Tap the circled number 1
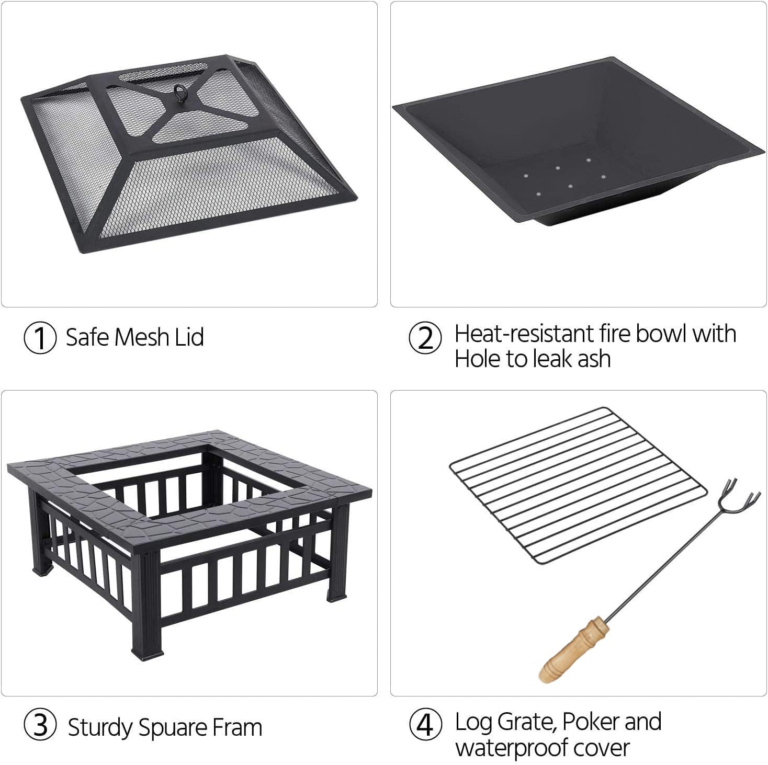coord(40,338)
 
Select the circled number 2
coord(425,338)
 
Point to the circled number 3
coord(40,726)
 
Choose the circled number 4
coord(425,725)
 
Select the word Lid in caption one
coord(189,337)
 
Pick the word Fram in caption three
coord(238,727)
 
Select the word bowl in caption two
coord(658,334)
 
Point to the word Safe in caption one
coord(87,337)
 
